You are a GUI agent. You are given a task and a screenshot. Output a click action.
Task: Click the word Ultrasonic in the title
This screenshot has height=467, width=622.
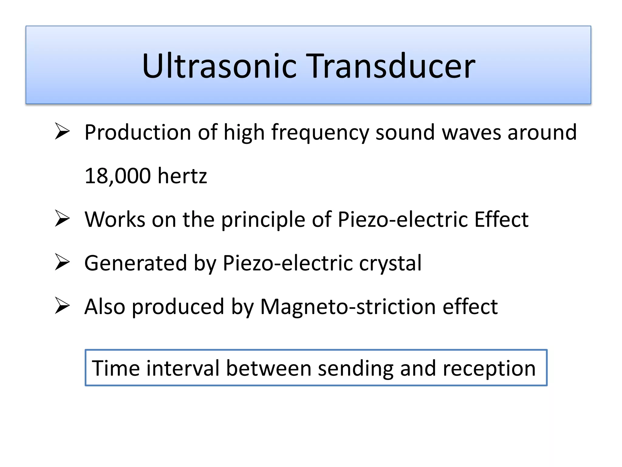(x=219, y=66)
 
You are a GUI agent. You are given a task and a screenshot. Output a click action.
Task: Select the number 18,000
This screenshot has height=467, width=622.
(x=118, y=176)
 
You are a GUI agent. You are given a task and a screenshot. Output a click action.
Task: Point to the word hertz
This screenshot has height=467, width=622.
(x=182, y=176)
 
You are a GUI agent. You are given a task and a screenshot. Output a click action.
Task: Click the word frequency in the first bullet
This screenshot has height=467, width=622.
(x=320, y=133)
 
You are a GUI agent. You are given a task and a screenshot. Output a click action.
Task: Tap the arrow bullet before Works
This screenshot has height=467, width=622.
(x=62, y=219)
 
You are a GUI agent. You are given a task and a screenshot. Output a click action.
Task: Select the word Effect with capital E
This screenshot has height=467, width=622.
(x=501, y=219)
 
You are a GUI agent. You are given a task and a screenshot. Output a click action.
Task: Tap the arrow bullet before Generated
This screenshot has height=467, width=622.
(x=62, y=262)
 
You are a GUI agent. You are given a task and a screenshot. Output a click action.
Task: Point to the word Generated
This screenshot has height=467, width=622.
(x=135, y=263)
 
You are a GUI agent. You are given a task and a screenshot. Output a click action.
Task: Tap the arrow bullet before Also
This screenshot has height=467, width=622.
(x=62, y=306)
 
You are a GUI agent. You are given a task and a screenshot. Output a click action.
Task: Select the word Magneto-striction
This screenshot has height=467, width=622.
(x=348, y=307)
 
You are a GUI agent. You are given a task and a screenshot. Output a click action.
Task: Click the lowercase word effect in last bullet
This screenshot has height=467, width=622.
(x=470, y=306)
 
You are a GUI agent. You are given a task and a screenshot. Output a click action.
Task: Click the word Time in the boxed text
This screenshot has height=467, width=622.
(x=115, y=368)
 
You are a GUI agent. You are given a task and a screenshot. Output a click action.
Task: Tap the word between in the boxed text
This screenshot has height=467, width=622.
(x=269, y=368)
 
